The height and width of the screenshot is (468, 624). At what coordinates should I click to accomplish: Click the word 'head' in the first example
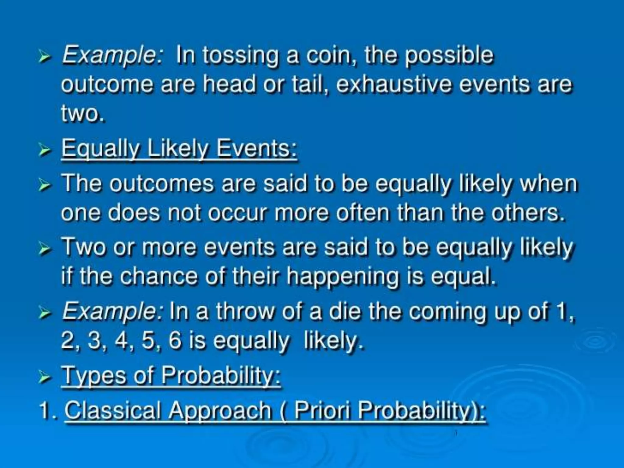point(230,84)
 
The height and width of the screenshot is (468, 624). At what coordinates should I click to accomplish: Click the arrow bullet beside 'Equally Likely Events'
point(44,150)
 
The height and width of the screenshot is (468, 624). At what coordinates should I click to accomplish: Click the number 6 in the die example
point(175,340)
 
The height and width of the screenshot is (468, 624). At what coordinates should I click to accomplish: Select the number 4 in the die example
point(121,340)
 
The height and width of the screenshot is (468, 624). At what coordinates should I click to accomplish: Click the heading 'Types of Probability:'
point(171,376)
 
